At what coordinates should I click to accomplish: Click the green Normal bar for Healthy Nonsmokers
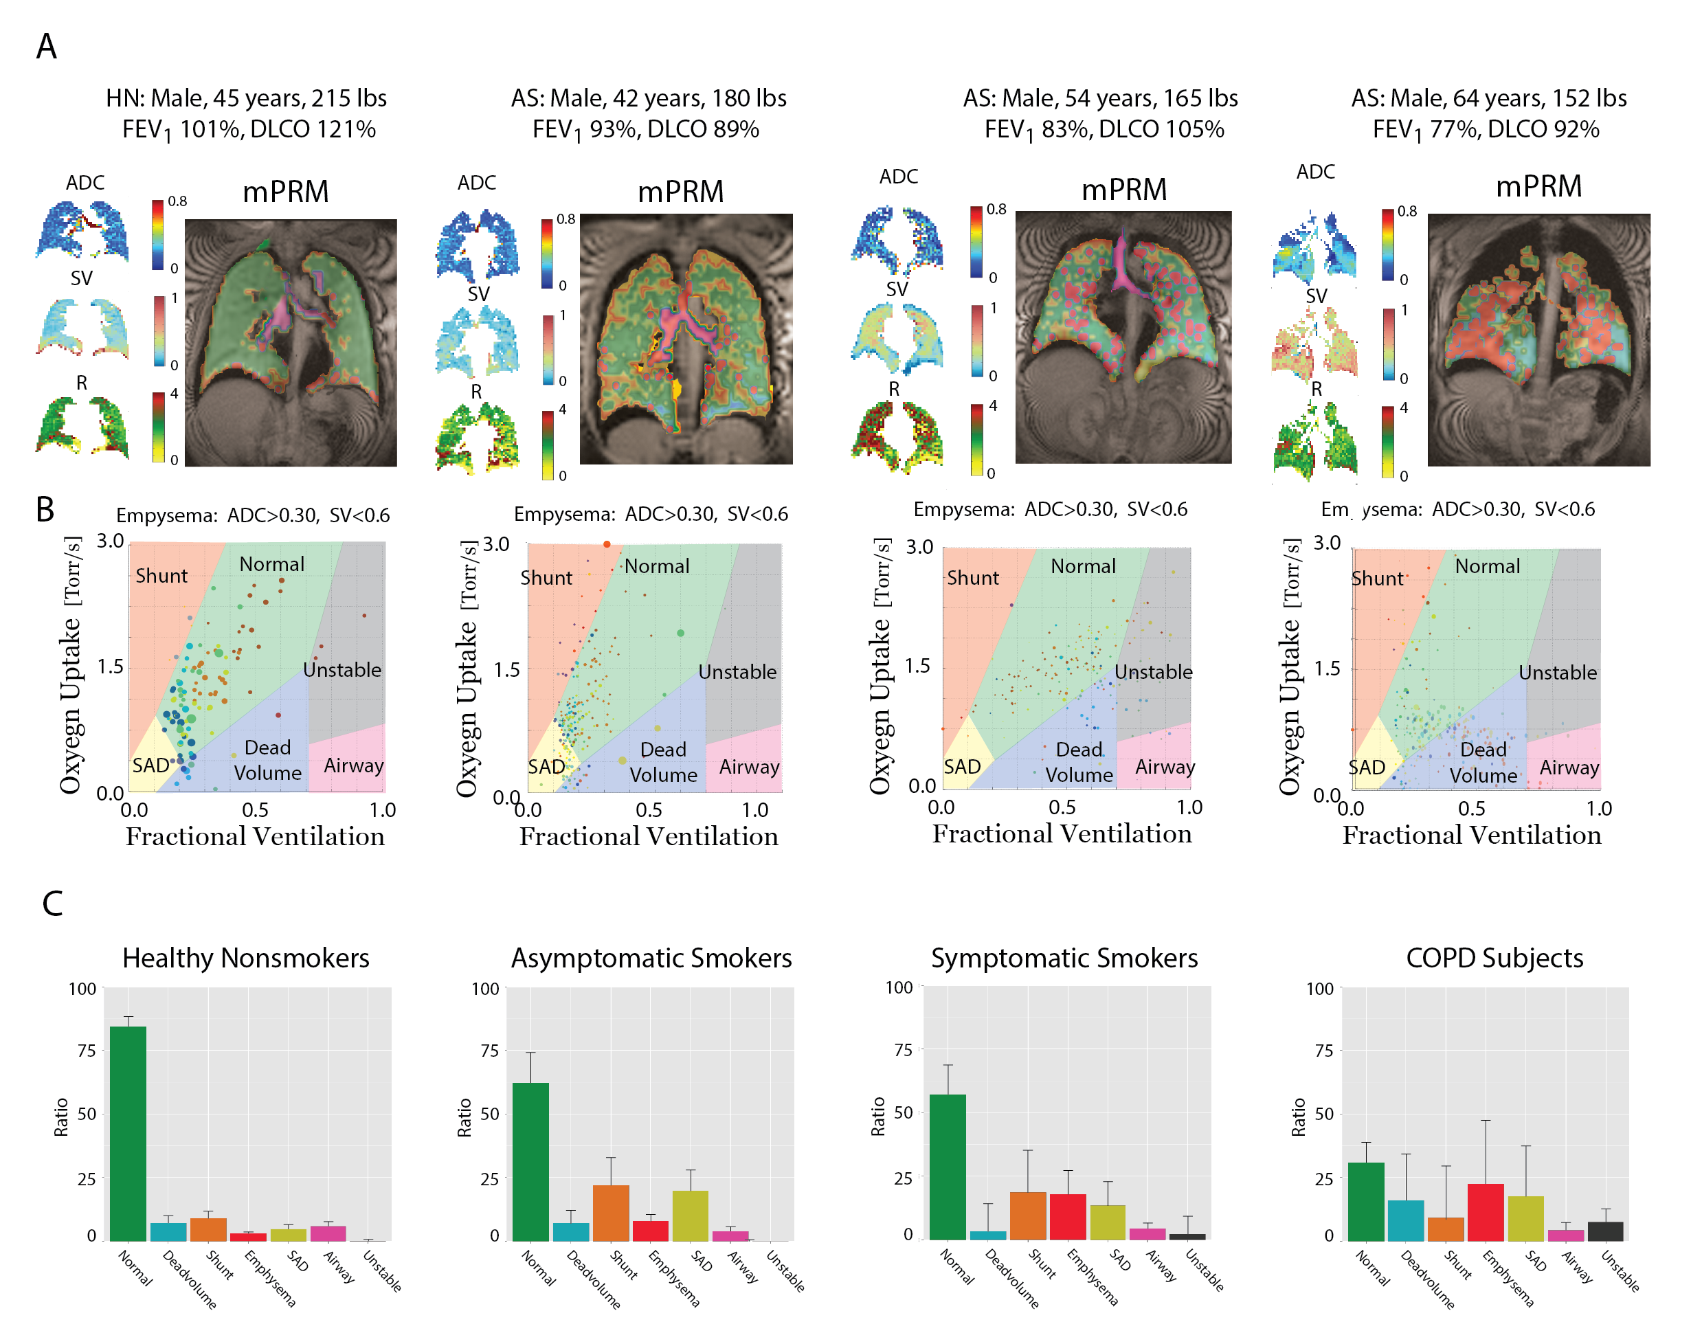pyautogui.click(x=128, y=1132)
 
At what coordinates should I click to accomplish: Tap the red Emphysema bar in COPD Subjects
pyautogui.click(x=1485, y=1211)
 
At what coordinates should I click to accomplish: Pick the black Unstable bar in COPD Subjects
pyautogui.click(x=1605, y=1231)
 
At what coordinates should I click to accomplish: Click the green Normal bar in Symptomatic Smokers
pyautogui.click(x=948, y=1166)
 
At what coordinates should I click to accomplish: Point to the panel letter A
pyautogui.click(x=47, y=47)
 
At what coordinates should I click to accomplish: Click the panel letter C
pyautogui.click(x=52, y=904)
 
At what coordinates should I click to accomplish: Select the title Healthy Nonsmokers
pyautogui.click(x=246, y=958)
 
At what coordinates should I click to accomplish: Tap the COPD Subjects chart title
pyautogui.click(x=1494, y=958)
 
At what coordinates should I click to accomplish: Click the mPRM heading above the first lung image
pyautogui.click(x=286, y=192)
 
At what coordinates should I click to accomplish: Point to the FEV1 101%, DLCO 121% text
pyautogui.click(x=249, y=130)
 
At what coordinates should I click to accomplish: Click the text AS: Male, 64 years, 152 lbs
pyautogui.click(x=1489, y=98)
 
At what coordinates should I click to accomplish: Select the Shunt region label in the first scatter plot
pyautogui.click(x=161, y=576)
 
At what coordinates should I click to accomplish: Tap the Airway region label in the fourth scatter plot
pyautogui.click(x=1569, y=768)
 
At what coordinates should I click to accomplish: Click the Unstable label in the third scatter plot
pyautogui.click(x=1154, y=672)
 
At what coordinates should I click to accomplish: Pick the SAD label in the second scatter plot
pyautogui.click(x=546, y=768)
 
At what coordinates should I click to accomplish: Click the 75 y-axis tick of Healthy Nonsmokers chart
pyautogui.click(x=87, y=1051)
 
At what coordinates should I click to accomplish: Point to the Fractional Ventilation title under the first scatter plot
pyautogui.click(x=255, y=837)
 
